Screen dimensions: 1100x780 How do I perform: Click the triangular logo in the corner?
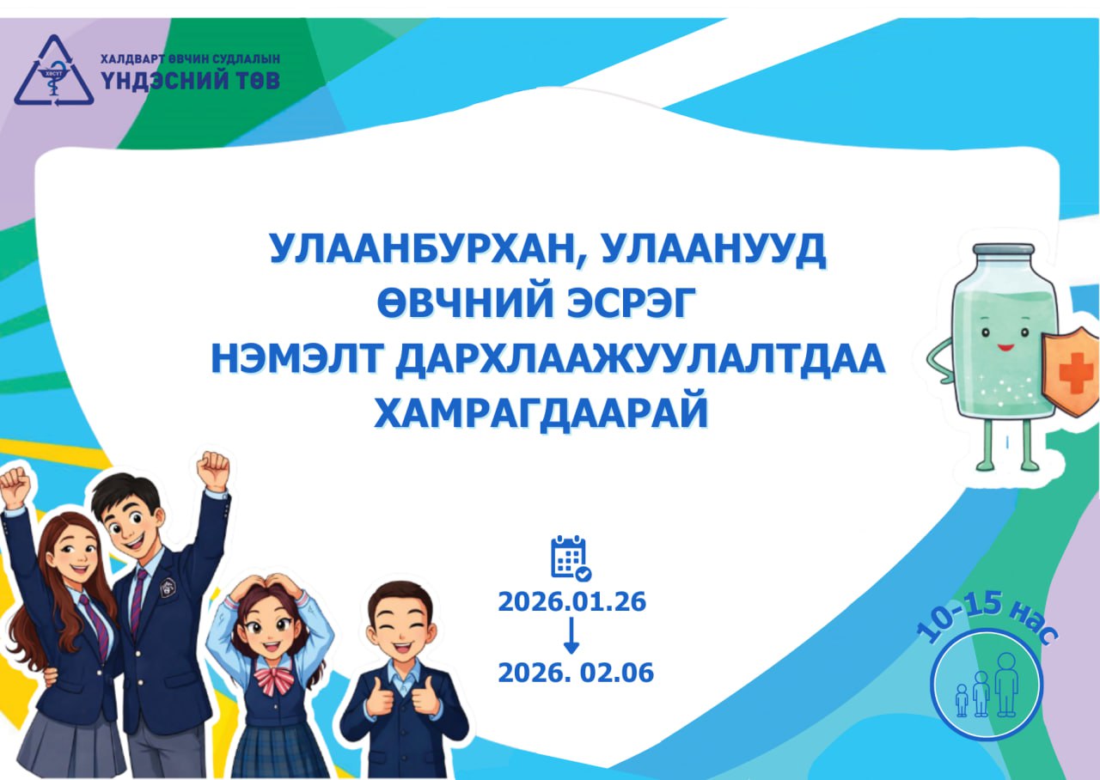(x=54, y=70)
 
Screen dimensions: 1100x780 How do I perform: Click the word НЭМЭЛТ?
(x=296, y=358)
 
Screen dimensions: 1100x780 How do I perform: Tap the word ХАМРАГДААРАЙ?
(x=541, y=413)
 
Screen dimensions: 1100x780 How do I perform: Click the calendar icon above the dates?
(x=571, y=558)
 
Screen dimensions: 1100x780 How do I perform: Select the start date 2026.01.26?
(x=572, y=602)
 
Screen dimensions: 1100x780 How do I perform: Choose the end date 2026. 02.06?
(x=576, y=673)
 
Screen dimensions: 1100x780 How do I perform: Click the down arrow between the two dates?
(x=571, y=636)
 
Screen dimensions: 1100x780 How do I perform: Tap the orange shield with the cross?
(x=1072, y=372)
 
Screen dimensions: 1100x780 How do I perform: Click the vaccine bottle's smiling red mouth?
(x=1005, y=348)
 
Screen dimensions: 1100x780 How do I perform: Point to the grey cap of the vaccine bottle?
(x=1006, y=256)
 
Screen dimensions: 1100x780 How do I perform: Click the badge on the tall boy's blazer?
(x=168, y=587)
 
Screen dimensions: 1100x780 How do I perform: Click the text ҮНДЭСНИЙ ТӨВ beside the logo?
(x=191, y=81)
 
